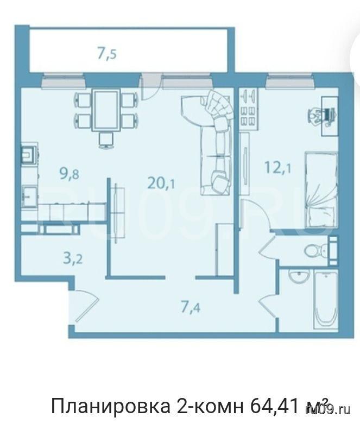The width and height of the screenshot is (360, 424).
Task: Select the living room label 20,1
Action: (161, 183)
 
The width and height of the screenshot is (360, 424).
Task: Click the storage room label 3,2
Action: (73, 258)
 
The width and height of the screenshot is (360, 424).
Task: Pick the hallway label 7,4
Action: (191, 307)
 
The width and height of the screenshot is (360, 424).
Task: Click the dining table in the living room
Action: (106, 110)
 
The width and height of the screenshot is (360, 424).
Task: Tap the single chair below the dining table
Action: (106, 141)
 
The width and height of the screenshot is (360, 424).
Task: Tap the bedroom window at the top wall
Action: (289, 81)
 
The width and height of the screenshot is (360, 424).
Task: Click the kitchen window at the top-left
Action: (64, 80)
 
